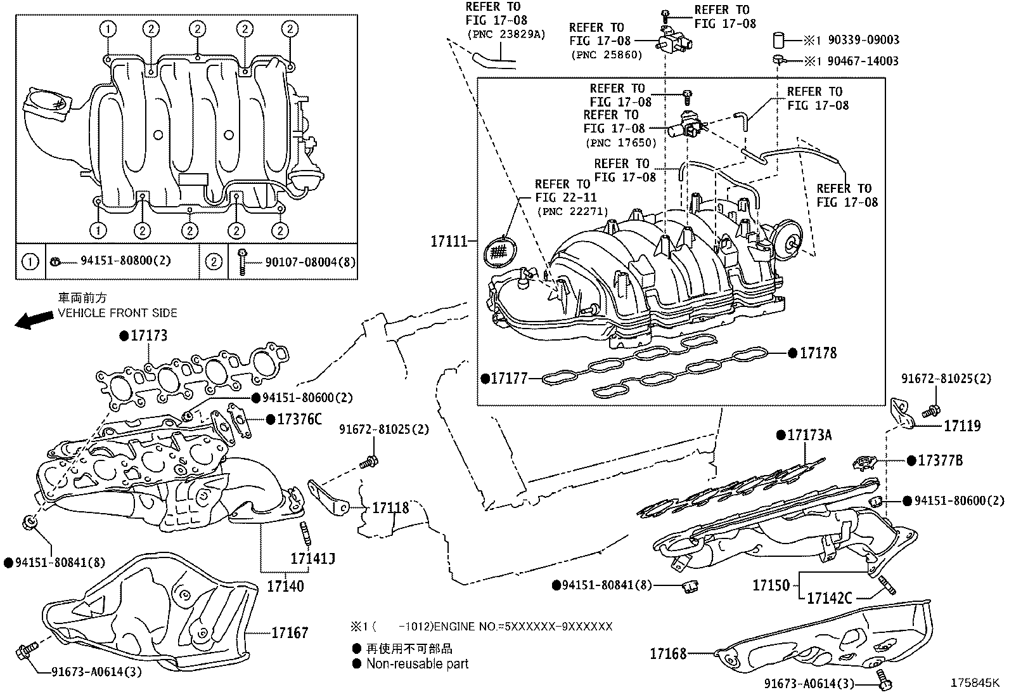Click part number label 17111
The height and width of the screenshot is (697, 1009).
tap(449, 241)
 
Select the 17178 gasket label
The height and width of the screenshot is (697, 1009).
tap(818, 353)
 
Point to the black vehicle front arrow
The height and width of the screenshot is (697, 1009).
tap(34, 319)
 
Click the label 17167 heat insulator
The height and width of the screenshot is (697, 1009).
tap(290, 632)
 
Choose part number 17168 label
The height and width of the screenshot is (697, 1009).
tap(668, 653)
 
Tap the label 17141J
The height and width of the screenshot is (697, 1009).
tap(312, 558)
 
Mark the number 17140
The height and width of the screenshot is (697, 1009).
tap(285, 586)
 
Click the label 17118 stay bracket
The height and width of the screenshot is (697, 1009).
tap(390, 508)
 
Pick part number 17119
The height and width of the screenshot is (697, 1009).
tap(962, 426)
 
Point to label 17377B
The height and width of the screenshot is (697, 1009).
tap(940, 461)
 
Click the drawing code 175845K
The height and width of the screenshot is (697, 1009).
tap(974, 684)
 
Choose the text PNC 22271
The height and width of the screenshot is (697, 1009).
tap(572, 211)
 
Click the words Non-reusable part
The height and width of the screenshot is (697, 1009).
tap(417, 664)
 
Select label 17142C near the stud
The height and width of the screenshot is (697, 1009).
tap(829, 597)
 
